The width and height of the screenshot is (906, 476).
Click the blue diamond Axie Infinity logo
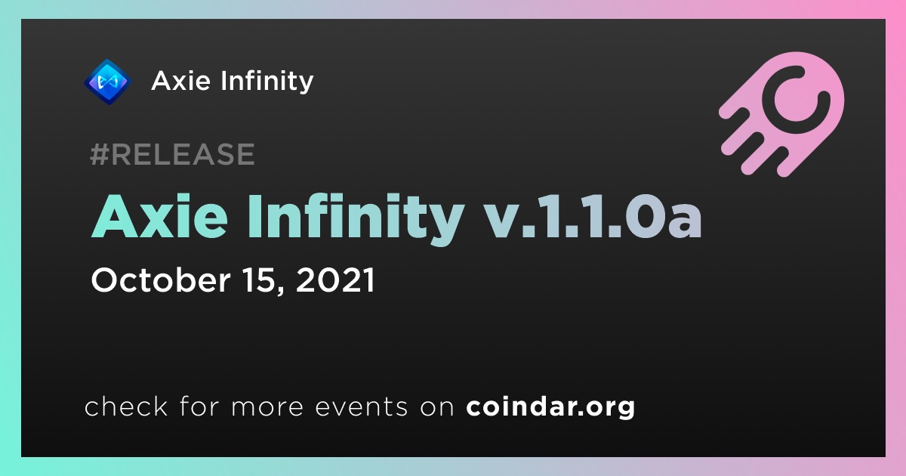(x=107, y=82)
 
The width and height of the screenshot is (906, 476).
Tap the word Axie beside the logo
(x=181, y=81)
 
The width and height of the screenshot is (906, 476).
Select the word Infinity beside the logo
(x=267, y=82)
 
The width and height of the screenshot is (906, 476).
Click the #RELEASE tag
(x=172, y=154)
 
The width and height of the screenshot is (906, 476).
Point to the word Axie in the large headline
(x=160, y=217)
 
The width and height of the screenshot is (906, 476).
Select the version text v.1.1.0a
(x=593, y=218)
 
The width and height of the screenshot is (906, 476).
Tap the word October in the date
(x=161, y=280)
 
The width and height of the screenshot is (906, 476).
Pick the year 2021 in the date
(x=336, y=280)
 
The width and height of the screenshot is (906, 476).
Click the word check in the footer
(x=126, y=406)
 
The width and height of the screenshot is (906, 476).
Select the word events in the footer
(x=361, y=406)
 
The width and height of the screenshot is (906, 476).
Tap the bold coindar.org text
(x=550, y=406)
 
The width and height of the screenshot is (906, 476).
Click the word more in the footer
(x=267, y=406)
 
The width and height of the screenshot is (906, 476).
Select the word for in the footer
(x=199, y=406)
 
